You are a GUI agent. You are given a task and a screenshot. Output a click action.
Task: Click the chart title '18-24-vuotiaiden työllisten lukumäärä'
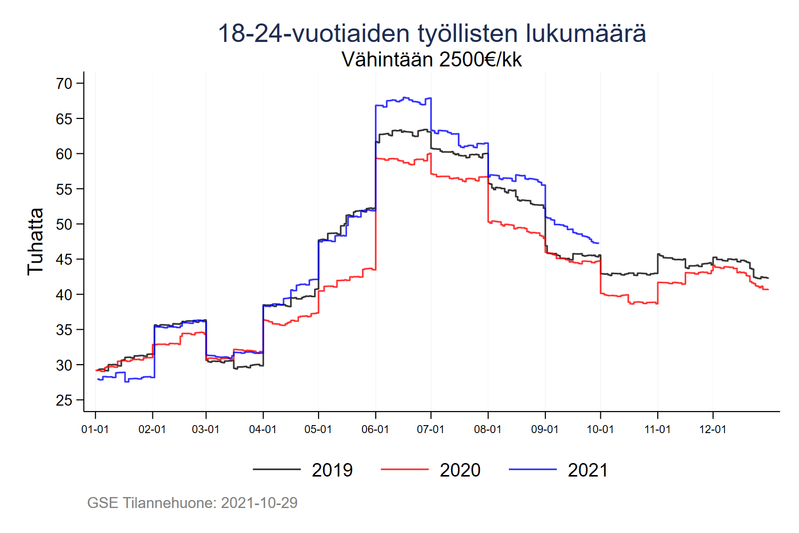tap(432, 33)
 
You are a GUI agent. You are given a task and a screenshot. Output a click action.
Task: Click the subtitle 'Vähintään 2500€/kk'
tap(432, 59)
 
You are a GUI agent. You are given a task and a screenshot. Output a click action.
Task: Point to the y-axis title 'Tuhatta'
tap(35, 241)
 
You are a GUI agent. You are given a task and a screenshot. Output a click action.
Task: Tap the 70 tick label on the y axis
tap(64, 83)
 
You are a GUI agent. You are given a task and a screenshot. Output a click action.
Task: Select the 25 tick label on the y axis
tap(64, 400)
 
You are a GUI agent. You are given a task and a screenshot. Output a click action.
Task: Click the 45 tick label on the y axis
tap(64, 259)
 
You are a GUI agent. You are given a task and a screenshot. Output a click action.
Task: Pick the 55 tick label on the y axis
tap(64, 189)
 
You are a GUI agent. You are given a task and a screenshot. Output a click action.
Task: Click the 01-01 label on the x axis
tap(95, 430)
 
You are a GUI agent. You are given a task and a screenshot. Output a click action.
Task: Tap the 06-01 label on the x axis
tap(375, 430)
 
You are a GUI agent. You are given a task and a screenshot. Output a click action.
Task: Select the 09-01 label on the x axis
tap(545, 430)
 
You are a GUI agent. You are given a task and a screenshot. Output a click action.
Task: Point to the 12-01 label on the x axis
tap(713, 430)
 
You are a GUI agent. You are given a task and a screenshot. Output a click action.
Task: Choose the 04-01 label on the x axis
tap(263, 430)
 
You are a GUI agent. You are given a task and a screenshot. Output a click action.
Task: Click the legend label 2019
tap(332, 470)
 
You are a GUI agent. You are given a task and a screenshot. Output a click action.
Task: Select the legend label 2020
tap(460, 470)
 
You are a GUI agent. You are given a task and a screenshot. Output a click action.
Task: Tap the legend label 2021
tap(588, 470)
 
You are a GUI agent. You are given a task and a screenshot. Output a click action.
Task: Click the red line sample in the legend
tap(404, 470)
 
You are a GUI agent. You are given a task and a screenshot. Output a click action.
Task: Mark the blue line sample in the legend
tap(532, 470)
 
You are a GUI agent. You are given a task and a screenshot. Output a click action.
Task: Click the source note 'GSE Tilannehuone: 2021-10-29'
tap(192, 503)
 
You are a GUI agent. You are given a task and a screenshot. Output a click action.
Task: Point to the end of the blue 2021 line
tap(598, 243)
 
